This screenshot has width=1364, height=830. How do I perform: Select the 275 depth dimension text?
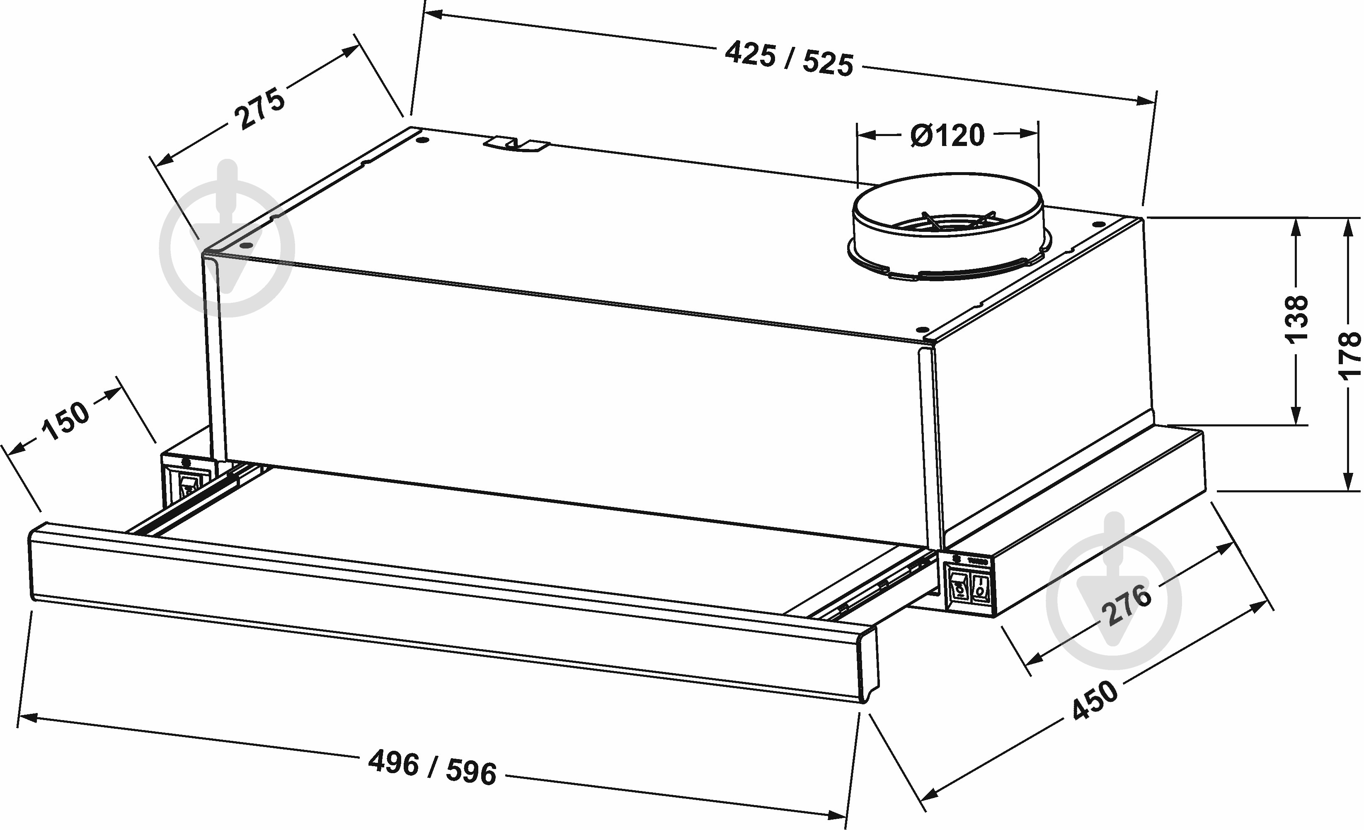pos(259,109)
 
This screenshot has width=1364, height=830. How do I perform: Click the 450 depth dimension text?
pos(1095,701)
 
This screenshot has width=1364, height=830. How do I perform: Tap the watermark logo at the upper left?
pos(227,238)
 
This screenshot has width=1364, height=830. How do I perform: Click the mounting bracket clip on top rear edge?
pos(516,145)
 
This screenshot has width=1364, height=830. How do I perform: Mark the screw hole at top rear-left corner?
pos(422,140)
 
